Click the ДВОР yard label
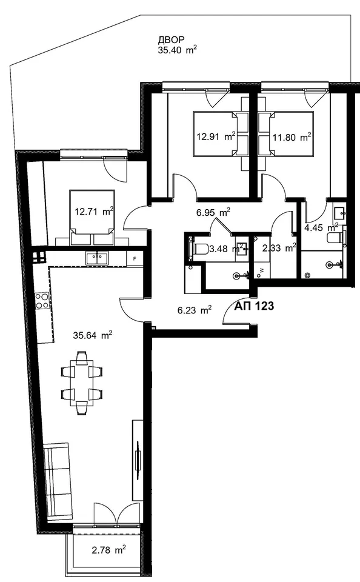point(172,40)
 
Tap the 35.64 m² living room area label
point(93,335)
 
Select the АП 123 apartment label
point(254,306)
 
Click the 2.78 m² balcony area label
point(108,549)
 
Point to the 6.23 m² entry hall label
point(195,310)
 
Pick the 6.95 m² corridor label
point(213,213)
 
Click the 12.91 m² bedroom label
point(216,136)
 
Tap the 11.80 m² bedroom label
point(292,138)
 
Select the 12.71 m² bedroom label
point(94,212)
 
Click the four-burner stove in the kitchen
point(42,301)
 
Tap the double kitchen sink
point(96,258)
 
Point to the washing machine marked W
point(262,271)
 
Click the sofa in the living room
point(58,481)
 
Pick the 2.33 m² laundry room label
point(279,247)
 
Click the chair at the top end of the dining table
point(82,358)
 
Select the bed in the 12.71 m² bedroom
point(92,218)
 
